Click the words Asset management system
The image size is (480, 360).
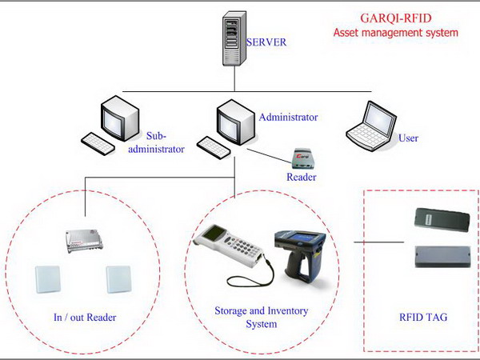coord(395,33)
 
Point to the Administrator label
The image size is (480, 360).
coord(288,117)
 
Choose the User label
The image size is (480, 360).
coord(408,138)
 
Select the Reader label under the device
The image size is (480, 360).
coord(302,177)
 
